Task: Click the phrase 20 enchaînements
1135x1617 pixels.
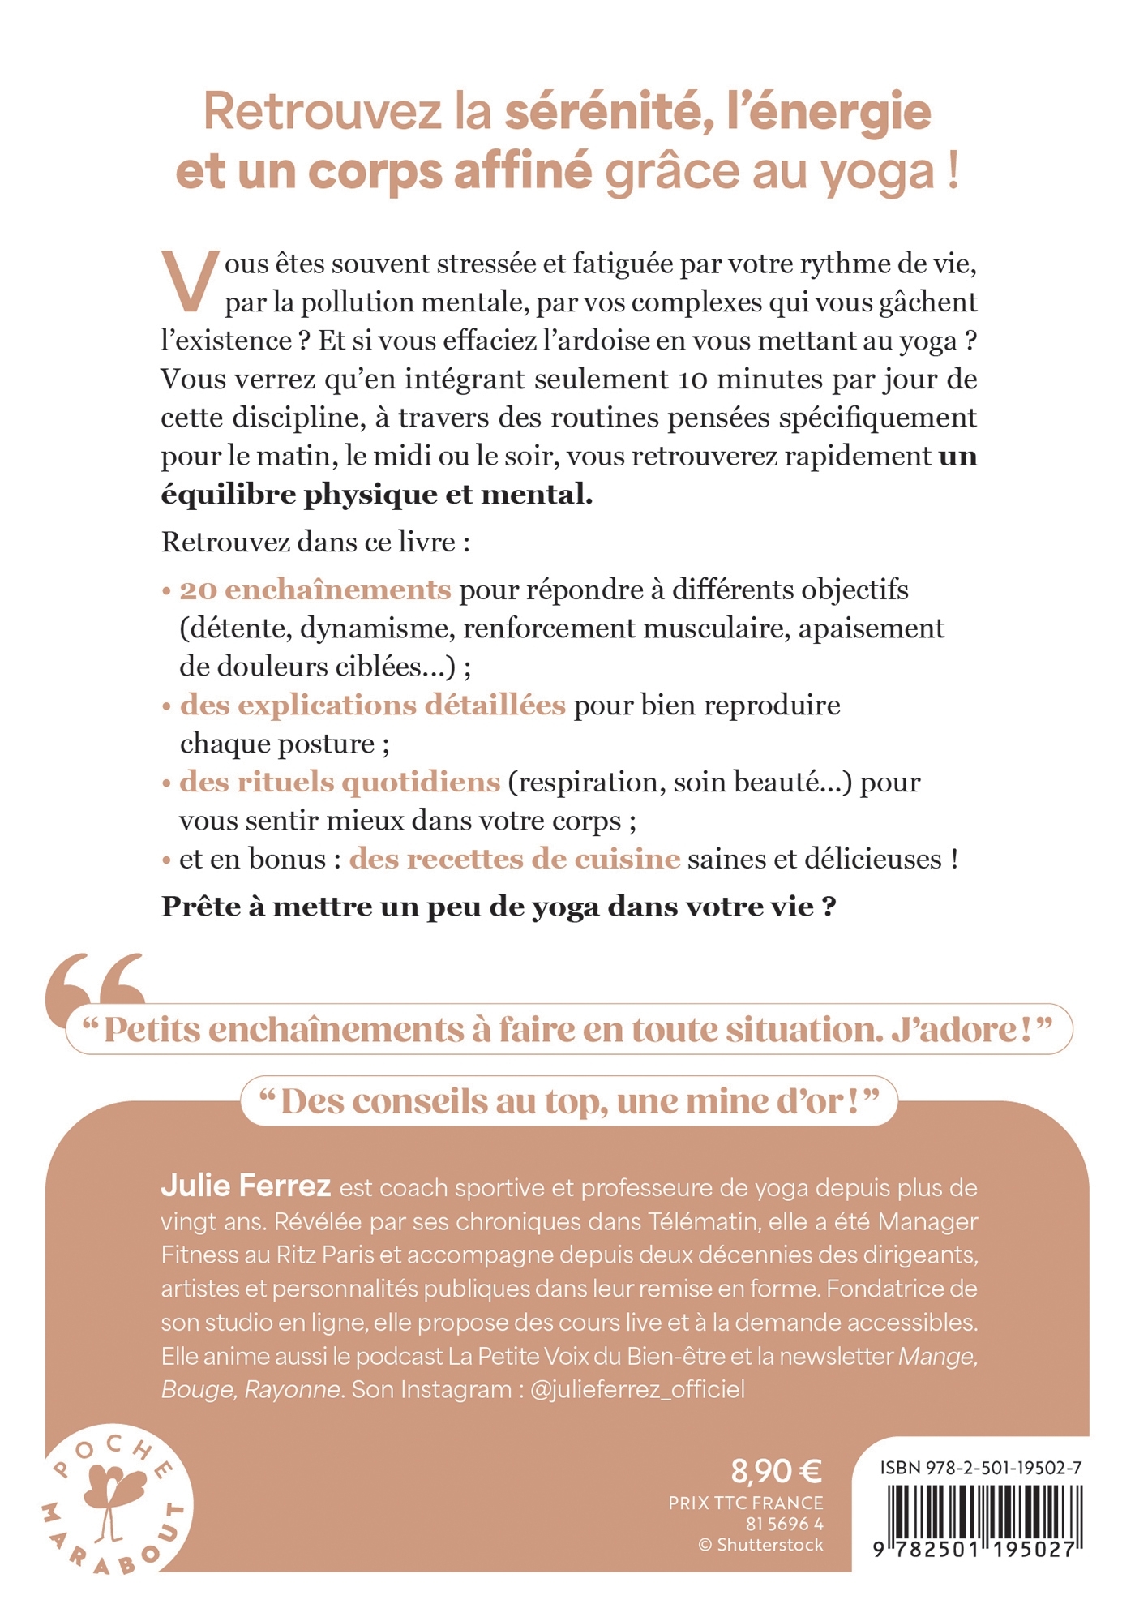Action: [x=315, y=590]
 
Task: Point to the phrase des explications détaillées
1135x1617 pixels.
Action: [x=372, y=705]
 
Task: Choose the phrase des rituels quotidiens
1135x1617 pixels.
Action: [x=340, y=782]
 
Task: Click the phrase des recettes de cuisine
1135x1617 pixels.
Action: [x=514, y=859]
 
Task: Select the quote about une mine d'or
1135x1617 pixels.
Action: [x=569, y=1101]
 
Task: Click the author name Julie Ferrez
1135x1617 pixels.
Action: [x=246, y=1186]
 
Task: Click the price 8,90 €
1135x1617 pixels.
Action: [x=776, y=1469]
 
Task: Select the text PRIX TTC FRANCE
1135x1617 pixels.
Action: [x=745, y=1503]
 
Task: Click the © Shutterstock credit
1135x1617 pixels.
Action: [x=760, y=1545]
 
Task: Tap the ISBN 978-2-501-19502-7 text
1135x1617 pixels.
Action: [x=980, y=1468]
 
